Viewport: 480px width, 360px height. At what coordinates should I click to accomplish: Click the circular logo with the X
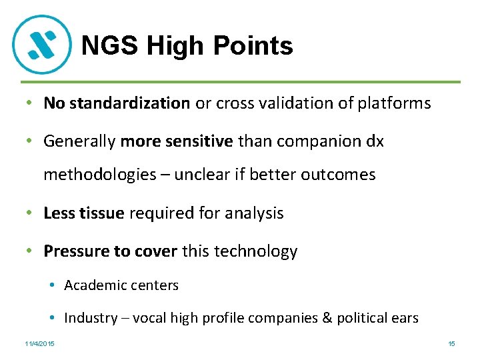click(42, 44)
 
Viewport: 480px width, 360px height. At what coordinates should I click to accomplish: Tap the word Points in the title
click(256, 46)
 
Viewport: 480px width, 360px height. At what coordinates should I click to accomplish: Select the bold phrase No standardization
click(117, 103)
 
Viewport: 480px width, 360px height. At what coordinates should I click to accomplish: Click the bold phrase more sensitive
click(177, 141)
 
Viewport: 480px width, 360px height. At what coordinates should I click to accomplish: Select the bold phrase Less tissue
click(83, 213)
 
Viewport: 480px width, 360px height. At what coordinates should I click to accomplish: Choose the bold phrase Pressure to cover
click(110, 251)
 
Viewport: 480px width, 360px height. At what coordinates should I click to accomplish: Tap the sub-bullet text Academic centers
click(121, 285)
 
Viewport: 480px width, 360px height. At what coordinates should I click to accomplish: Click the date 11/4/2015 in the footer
click(40, 344)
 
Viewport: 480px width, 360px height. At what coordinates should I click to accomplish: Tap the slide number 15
click(451, 344)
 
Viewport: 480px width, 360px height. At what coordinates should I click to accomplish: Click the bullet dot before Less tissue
click(30, 213)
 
